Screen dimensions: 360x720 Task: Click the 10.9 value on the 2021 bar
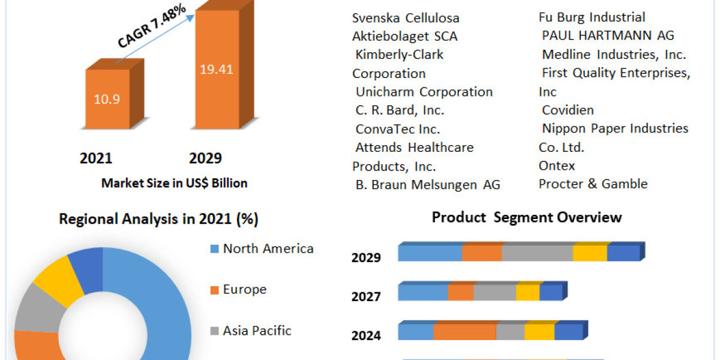pos(107,100)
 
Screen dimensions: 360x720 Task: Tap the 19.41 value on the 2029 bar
pos(217,69)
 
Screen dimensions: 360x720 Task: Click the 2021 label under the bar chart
pos(96,158)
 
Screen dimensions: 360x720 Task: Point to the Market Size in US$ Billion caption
pos(174,184)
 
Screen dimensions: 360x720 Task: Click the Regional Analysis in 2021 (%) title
pos(158,220)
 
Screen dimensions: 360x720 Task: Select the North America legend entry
pos(268,248)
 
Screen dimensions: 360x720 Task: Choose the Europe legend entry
pos(244,290)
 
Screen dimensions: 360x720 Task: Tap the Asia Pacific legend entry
pos(257,331)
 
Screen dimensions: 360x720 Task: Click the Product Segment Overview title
pos(527,217)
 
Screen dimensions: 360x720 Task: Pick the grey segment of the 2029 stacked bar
pos(537,253)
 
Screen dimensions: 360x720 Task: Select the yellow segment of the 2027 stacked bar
pos(527,293)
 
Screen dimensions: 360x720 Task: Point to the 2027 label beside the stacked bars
pos(366,296)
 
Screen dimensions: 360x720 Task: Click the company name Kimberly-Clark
pos(399,55)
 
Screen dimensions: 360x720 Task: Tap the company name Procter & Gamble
pos(593,184)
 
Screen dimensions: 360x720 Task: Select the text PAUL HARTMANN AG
pos(608,35)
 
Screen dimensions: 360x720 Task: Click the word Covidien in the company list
pos(568,110)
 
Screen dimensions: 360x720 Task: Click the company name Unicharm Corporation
pos(424,92)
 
